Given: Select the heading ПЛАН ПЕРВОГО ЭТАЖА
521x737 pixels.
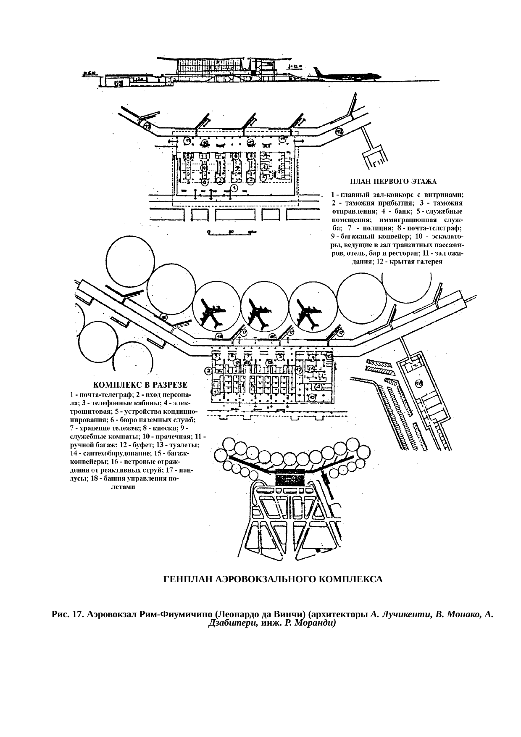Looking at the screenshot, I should coord(393,182).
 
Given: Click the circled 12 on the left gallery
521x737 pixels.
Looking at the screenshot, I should coord(147,126).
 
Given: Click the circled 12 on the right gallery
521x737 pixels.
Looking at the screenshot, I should coord(339,132).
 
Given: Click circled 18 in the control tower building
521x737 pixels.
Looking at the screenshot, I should coord(418,383).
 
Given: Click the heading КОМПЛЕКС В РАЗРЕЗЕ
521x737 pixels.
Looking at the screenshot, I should coord(140,384).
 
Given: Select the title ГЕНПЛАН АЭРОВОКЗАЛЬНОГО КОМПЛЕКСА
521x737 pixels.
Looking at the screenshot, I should coord(273,579).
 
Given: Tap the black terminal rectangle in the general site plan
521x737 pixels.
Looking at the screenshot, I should coord(289,479).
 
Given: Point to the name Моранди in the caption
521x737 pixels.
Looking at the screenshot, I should coord(314,623).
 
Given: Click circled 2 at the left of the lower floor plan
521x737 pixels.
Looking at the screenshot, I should coord(208,371).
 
